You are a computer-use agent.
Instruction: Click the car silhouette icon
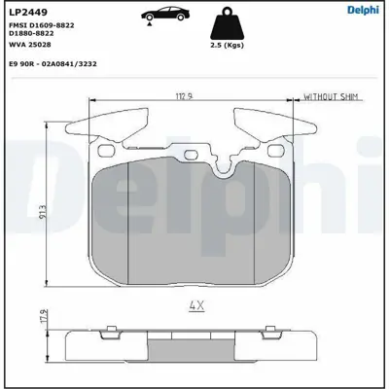(160, 18)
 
